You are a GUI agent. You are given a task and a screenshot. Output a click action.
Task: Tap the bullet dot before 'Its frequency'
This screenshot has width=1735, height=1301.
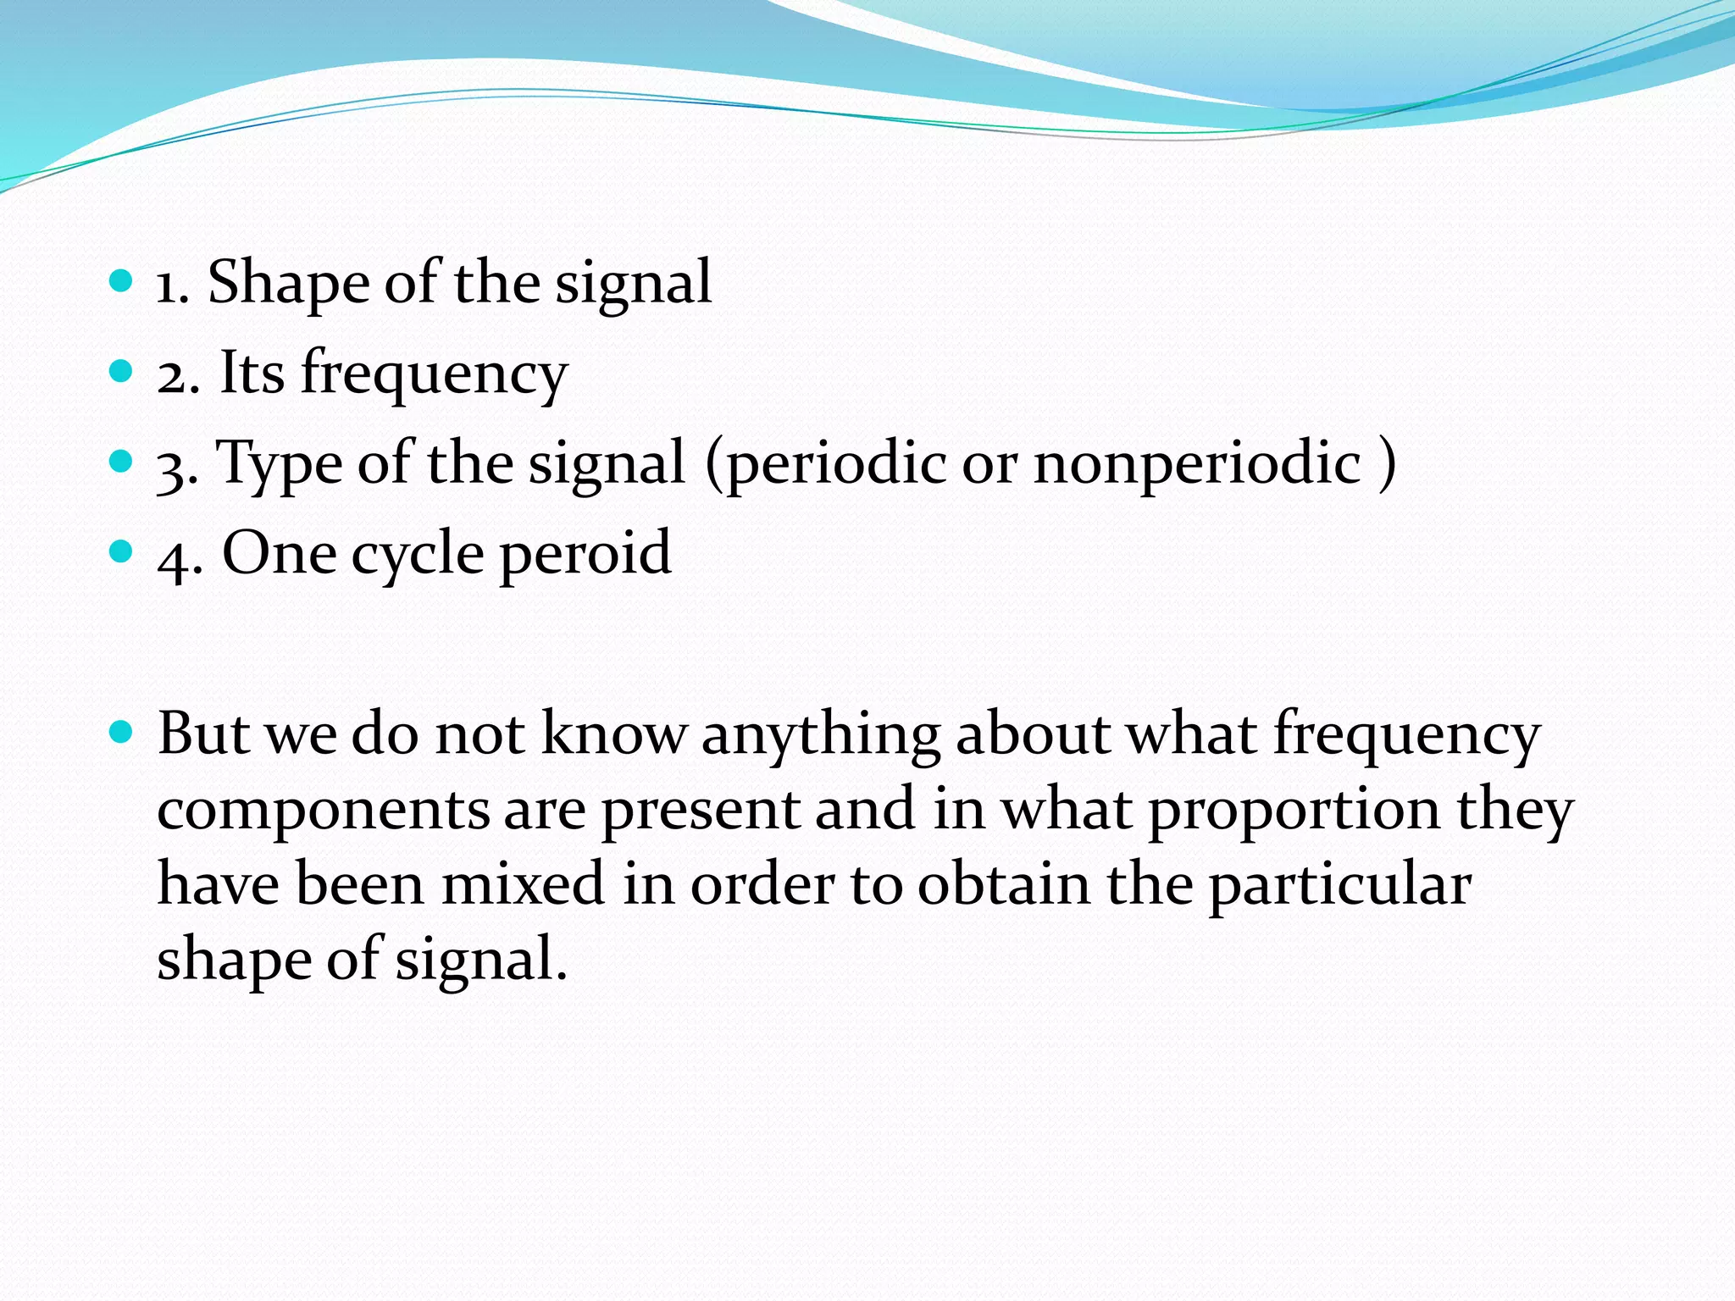tap(122, 371)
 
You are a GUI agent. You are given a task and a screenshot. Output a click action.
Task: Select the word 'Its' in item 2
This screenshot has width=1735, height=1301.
tap(252, 373)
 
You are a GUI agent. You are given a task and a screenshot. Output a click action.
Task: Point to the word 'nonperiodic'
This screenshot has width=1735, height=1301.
tap(1197, 464)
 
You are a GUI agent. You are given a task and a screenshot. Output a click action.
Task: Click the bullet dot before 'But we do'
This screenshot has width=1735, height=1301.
tap(122, 730)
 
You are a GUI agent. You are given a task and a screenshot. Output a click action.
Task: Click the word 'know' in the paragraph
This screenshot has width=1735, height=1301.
tap(613, 733)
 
